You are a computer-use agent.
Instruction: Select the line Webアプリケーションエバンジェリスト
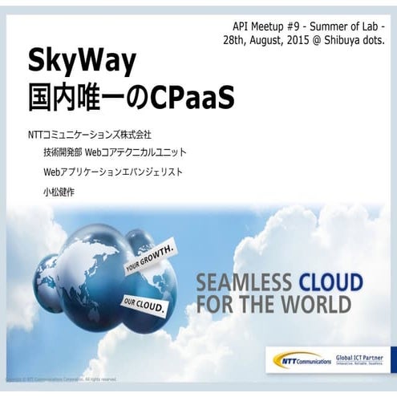coord(114,172)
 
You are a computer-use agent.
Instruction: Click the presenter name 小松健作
coord(59,192)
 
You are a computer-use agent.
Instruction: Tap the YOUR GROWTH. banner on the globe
coord(152,262)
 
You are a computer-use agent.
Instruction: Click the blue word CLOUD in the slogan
coord(330,283)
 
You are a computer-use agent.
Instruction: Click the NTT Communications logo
coord(301,359)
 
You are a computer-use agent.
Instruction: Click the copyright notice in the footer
coord(61,379)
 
